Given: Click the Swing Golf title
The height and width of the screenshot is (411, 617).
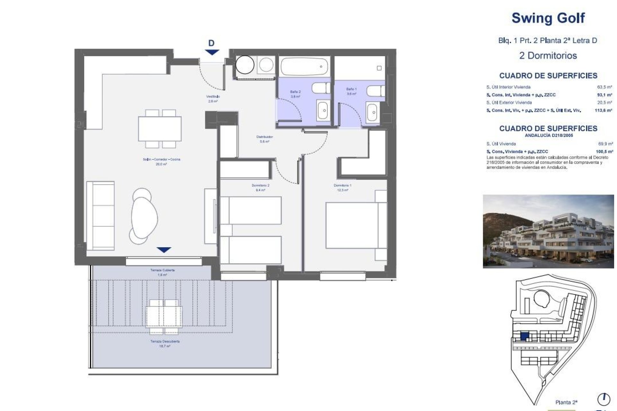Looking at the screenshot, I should pos(548,18).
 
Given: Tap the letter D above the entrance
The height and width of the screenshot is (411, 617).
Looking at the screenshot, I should pos(211,43).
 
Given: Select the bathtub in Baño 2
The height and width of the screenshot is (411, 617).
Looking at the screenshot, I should pos(304,67).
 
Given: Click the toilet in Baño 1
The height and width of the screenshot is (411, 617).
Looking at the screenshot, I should pos(375,91).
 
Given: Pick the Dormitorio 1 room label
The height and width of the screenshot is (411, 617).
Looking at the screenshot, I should pos(342,186).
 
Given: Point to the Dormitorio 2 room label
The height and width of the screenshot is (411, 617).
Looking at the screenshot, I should pos(260,186).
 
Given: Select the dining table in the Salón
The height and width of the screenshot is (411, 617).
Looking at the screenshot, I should pos(160,129).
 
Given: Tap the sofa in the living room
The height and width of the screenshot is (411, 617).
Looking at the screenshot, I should pos(100,215).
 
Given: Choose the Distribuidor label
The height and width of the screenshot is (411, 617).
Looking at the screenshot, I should pos(264,137).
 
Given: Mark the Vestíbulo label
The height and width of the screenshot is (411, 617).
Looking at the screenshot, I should pos(213,97).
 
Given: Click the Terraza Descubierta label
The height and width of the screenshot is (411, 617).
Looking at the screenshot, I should pos(165,342).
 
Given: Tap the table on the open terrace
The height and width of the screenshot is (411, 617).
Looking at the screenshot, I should pos(164,316).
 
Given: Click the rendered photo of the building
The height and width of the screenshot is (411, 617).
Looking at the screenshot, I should pos(548,231).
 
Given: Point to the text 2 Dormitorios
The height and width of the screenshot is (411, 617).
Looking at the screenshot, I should pos(548,56).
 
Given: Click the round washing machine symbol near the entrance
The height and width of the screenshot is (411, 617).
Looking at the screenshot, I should pos(245,65).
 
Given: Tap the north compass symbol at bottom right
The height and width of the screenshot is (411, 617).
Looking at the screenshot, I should pos(603,399).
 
